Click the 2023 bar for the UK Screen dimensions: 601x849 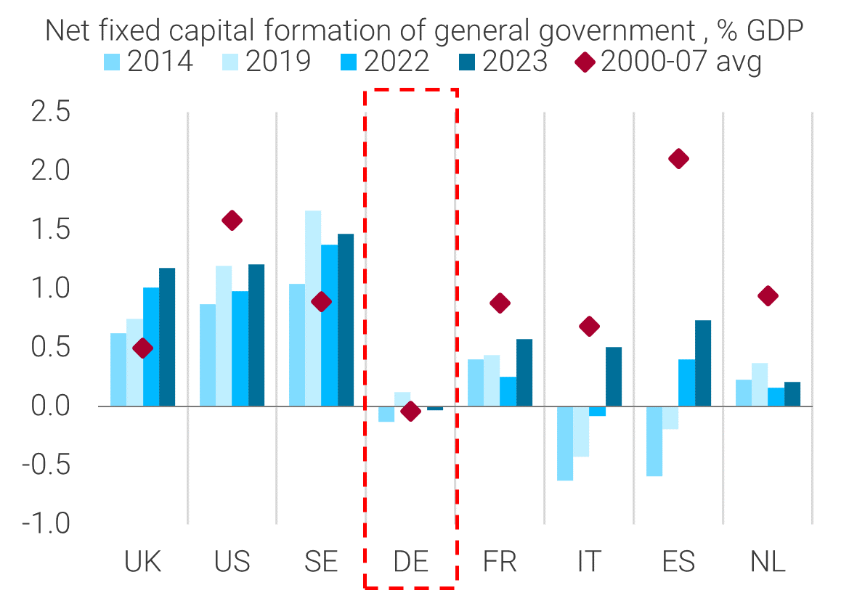(167, 337)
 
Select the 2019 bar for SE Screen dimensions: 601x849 (313, 308)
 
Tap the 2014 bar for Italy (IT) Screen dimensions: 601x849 (564, 443)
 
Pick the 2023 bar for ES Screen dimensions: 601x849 (703, 363)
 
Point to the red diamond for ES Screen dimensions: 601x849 (679, 159)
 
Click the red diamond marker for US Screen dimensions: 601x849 (232, 221)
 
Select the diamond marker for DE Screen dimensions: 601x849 (410, 412)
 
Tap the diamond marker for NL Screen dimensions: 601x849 (768, 295)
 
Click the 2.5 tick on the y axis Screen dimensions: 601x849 (49, 113)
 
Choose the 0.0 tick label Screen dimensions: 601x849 (49, 406)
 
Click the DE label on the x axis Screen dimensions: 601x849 (411, 562)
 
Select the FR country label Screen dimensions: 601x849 (500, 562)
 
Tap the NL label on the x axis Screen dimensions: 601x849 (768, 562)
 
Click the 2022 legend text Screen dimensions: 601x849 (397, 62)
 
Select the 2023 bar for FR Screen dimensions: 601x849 (524, 372)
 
